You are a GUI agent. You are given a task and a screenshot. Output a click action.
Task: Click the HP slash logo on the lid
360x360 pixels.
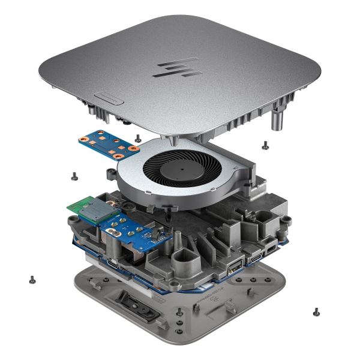coord(179,69)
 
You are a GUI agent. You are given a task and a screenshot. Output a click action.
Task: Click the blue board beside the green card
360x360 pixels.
coord(126,230)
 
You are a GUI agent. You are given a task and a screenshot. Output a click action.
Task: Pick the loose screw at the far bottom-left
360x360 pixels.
coord(32,279)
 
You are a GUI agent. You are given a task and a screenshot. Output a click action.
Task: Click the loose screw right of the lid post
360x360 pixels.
coord(265,143)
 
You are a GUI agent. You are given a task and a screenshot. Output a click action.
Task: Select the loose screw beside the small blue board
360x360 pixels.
coord(139,137)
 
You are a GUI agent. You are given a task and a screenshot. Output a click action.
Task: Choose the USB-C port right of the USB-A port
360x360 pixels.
coord(256,257)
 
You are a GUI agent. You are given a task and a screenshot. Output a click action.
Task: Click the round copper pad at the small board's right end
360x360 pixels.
coord(137,145)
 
